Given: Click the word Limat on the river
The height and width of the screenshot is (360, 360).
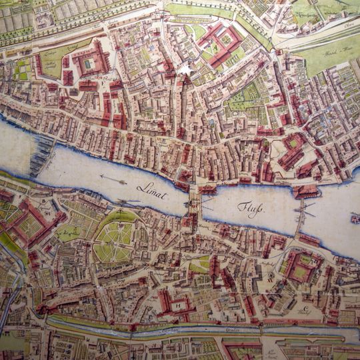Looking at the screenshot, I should [x=151, y=189].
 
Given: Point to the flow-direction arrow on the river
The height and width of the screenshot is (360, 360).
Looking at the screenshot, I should [x=113, y=179].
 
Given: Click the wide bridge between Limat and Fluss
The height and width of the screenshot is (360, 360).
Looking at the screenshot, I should [x=194, y=201].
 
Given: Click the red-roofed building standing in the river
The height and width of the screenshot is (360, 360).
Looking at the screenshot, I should [x=305, y=191].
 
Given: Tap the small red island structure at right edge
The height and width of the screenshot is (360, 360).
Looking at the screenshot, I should [x=355, y=218].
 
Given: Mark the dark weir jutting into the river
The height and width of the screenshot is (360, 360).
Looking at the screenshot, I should [x=41, y=155].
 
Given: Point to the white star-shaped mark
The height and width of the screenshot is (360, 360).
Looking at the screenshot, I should [x=185, y=69].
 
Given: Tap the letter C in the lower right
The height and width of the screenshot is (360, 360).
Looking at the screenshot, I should [x=305, y=309].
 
